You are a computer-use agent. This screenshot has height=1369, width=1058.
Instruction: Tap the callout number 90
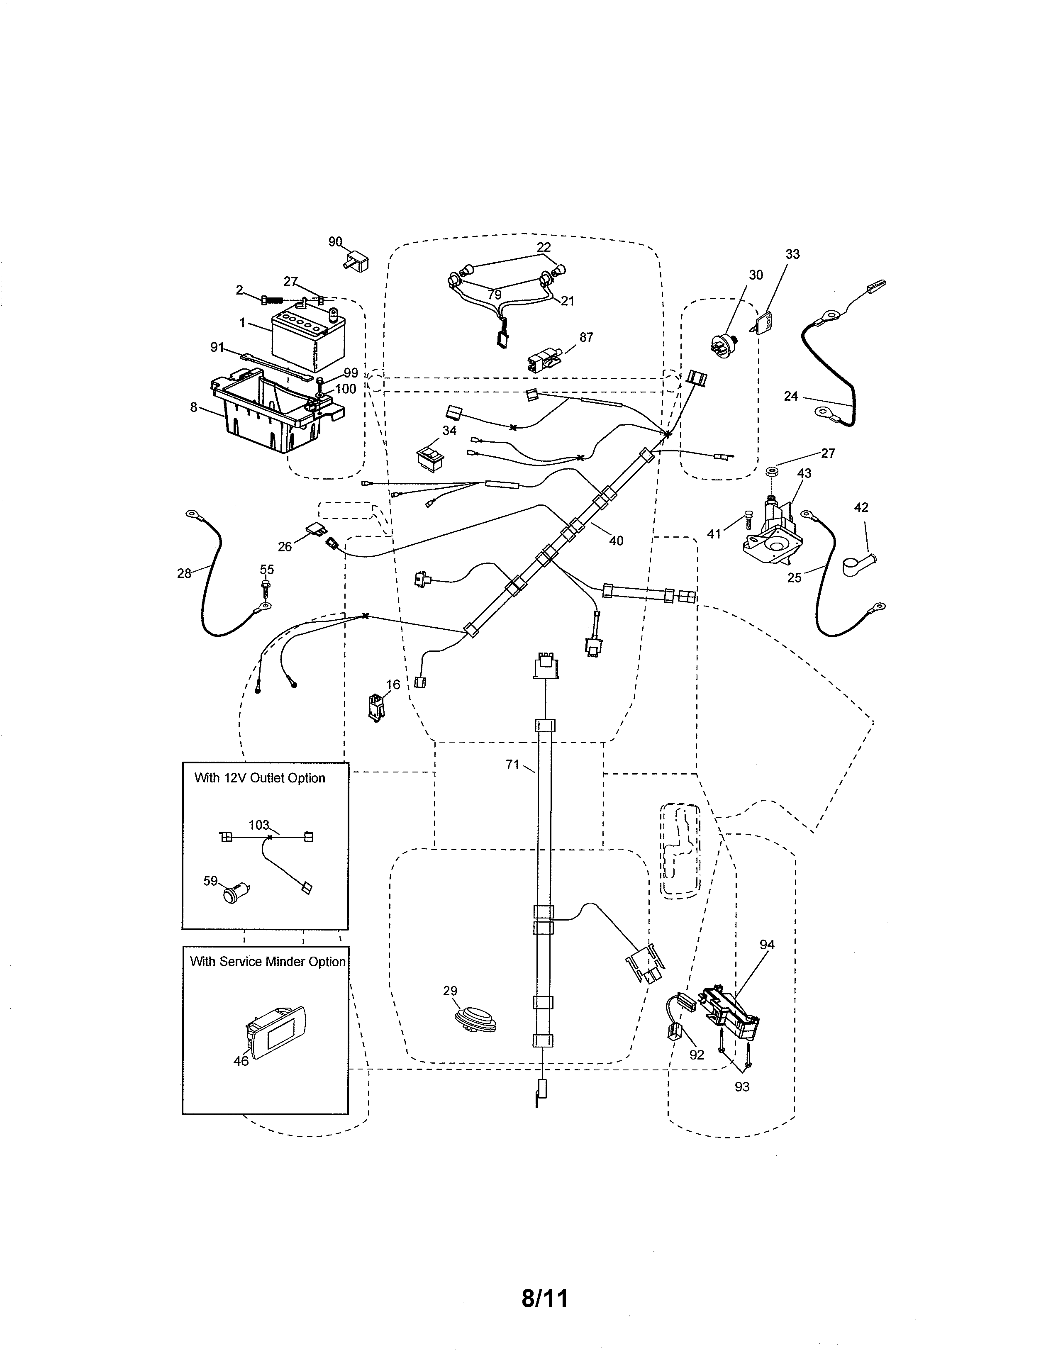click(335, 241)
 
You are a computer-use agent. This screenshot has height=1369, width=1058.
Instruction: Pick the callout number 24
click(791, 396)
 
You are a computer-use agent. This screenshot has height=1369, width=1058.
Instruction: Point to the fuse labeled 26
click(317, 531)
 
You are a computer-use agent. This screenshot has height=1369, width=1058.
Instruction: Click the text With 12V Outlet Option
click(259, 778)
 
